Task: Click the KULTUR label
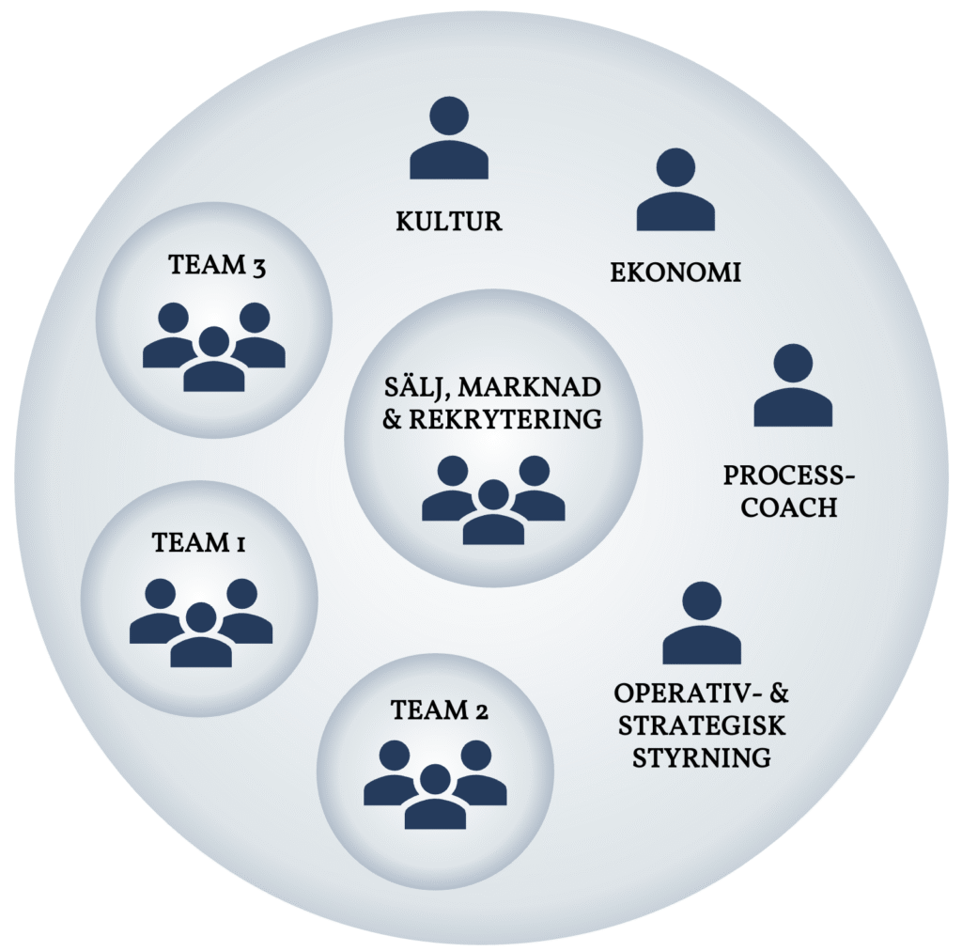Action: [x=449, y=222]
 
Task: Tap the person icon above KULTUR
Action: [x=449, y=141]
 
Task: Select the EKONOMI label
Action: [x=675, y=273]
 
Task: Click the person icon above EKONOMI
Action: [x=675, y=193]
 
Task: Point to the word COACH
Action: [x=788, y=507]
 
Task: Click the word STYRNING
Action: [x=702, y=757]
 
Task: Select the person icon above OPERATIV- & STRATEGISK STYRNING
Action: [x=702, y=625]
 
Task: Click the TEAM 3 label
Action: [x=218, y=266]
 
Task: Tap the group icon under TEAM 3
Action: [x=214, y=347]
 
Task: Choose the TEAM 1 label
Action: [x=199, y=542]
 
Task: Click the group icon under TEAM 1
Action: [x=201, y=623]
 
